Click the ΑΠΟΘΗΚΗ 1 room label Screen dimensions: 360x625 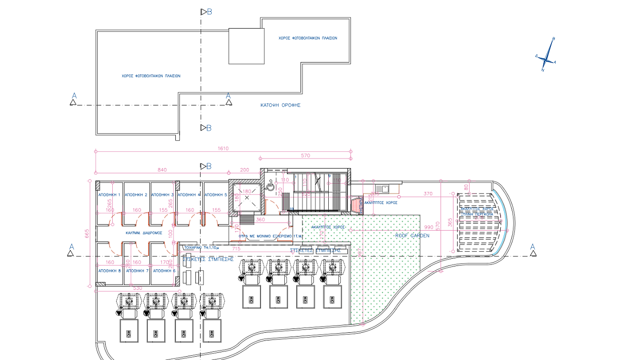click(x=109, y=195)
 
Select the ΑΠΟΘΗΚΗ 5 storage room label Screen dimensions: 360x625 click(x=216, y=195)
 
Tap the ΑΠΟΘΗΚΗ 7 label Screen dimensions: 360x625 click(x=136, y=271)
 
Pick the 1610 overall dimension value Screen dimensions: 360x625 click(x=223, y=148)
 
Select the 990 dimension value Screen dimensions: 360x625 click(x=428, y=227)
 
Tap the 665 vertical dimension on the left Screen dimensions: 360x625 click(x=87, y=233)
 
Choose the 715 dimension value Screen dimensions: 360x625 click(x=236, y=249)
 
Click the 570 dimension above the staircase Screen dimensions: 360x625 click(x=305, y=156)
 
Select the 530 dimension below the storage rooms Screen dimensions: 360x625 click(x=138, y=288)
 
